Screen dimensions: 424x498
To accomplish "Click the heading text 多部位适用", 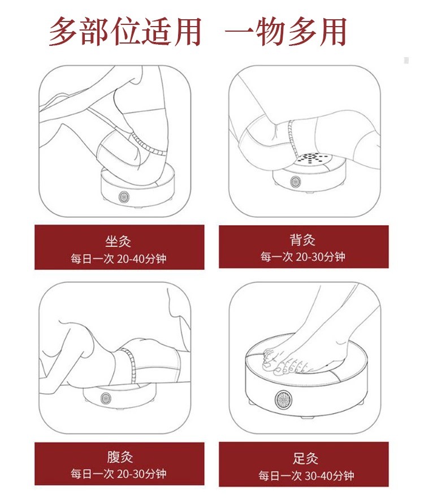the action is coord(125,31).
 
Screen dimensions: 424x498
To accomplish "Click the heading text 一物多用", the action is coord(285,31).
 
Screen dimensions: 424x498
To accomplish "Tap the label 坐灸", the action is coord(118,241).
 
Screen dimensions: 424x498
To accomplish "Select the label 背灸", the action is coord(302,239).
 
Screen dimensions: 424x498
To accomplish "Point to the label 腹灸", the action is coord(120,457).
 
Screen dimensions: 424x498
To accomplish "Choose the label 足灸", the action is coord(305,458).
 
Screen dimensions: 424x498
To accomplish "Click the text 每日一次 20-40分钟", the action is coord(118,259).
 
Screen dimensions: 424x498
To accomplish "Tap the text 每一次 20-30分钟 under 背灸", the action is coord(302,256).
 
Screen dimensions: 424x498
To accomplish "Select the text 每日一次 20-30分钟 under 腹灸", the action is coord(118,474).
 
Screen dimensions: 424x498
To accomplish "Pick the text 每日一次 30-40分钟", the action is coord(306,475).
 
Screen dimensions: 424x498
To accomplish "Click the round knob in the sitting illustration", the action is coord(124,197).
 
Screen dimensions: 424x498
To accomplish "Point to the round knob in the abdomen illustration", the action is coord(106,398).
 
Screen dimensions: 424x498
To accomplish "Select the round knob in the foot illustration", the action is coord(283,399).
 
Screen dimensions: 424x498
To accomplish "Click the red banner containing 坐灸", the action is coord(119,247).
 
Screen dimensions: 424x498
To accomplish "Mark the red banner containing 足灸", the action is coord(304,464).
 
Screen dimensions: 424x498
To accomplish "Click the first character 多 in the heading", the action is coord(63,31).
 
